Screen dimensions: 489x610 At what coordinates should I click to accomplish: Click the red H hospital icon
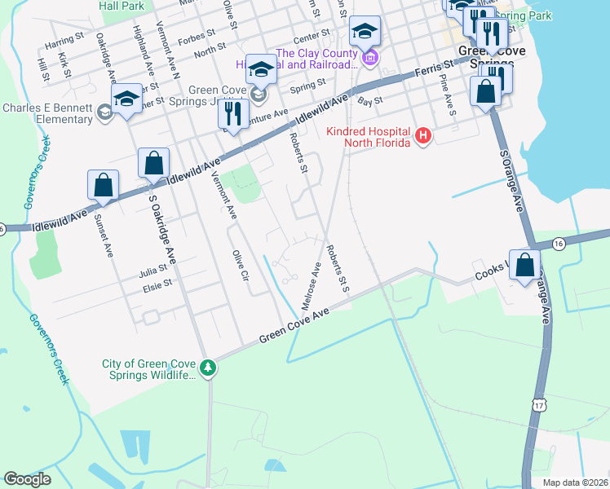pos(422,136)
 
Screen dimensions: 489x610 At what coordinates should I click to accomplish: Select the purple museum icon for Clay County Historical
pos(371,58)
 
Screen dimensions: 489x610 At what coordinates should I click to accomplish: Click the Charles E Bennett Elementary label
pos(47,113)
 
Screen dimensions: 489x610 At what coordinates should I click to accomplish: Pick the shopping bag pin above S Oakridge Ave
pos(153,164)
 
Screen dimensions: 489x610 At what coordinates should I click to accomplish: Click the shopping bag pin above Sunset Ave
pos(103,186)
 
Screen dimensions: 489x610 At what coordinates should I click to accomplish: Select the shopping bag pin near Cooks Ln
pos(526,265)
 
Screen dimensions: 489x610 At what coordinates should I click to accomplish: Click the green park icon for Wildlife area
pos(209,369)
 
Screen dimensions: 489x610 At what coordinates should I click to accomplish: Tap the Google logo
pos(27,479)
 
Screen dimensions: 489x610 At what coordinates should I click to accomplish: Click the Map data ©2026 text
pos(575,482)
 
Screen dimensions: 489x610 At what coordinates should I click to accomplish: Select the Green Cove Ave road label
pos(294,325)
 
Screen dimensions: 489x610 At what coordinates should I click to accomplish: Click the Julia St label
pos(153,273)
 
